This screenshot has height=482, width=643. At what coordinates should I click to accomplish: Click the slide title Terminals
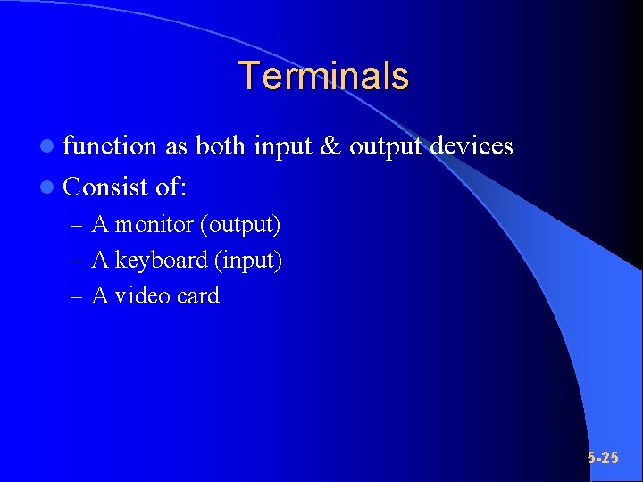(323, 76)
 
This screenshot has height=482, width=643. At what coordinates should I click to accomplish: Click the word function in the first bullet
(110, 146)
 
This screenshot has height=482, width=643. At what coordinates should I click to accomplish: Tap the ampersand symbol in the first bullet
(330, 146)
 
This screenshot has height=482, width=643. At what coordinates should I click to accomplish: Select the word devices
(472, 146)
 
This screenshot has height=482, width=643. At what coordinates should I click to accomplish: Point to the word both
(221, 146)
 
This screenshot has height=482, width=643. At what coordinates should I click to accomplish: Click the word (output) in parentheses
(241, 225)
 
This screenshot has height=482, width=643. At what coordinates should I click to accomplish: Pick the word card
(197, 296)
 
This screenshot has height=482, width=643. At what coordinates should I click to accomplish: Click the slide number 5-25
(603, 458)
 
